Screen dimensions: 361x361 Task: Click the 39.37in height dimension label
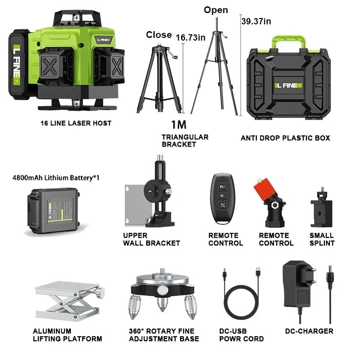256,21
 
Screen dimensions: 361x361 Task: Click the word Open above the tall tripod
216,10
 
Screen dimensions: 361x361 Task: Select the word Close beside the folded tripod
158,35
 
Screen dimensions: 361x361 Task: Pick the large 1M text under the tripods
178,125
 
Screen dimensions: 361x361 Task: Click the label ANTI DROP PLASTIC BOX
285,138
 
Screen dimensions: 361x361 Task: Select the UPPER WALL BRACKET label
151,239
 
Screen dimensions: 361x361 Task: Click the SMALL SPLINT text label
322,239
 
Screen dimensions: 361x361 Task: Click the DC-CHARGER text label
309,331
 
